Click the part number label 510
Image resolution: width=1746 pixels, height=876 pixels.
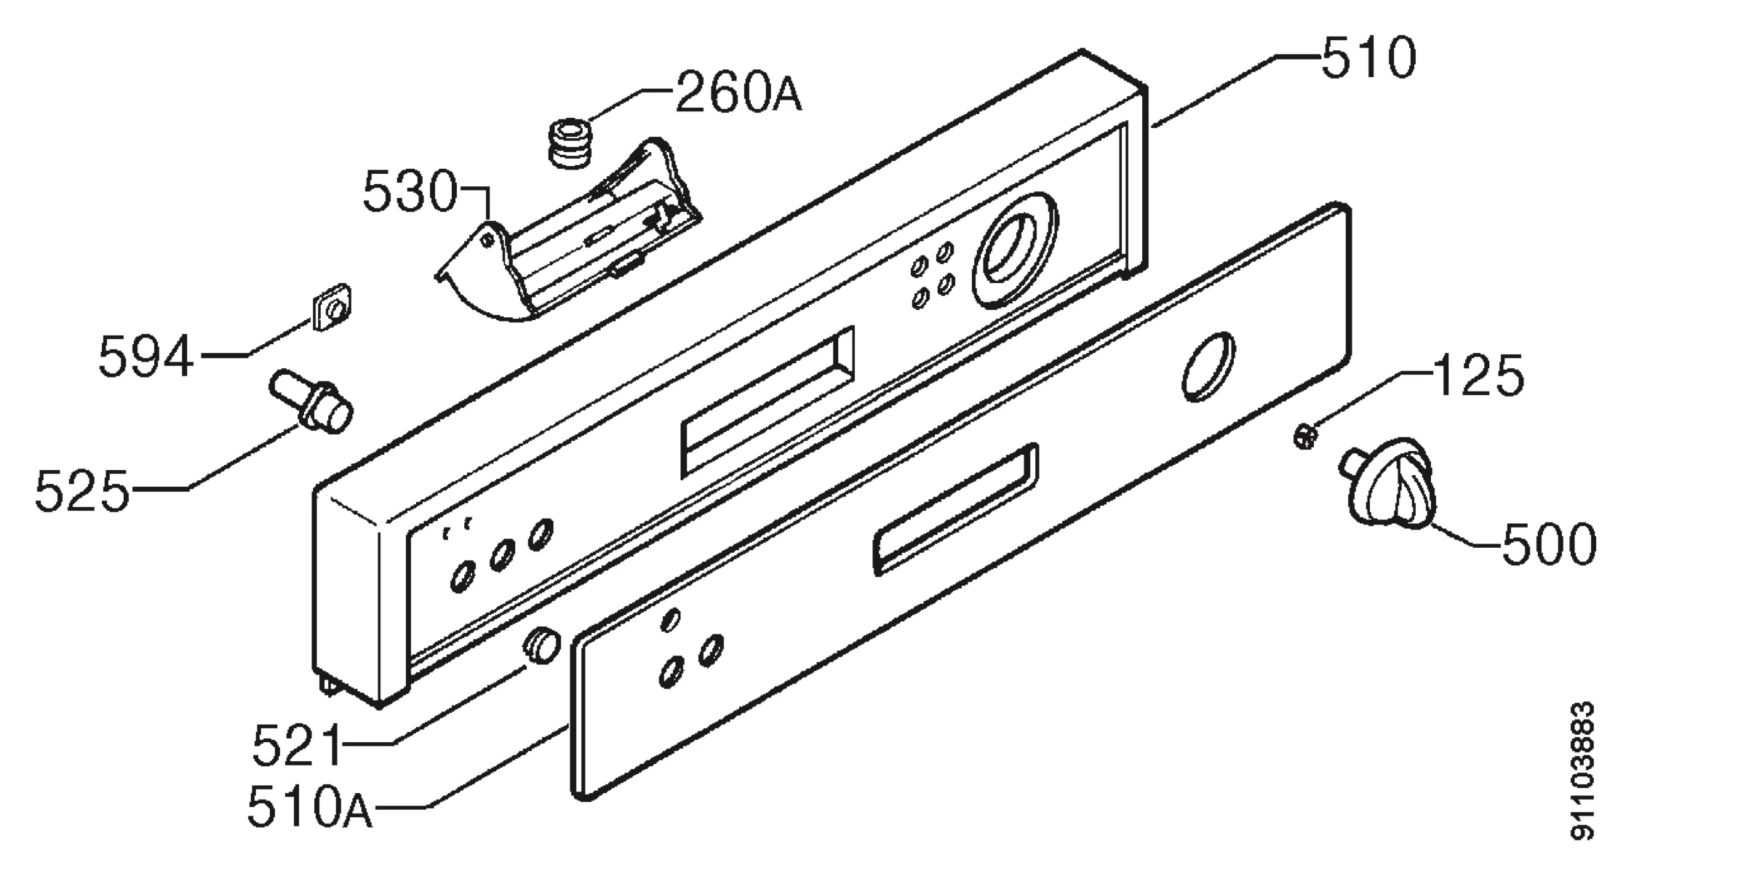(1368, 57)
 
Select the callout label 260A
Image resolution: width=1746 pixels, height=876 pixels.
(738, 92)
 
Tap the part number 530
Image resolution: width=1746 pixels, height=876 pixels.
(410, 191)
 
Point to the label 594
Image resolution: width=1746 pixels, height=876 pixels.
(146, 356)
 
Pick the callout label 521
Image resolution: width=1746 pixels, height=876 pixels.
(298, 744)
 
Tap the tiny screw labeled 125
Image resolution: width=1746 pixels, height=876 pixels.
(1307, 438)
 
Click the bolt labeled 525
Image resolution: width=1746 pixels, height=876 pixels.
(312, 402)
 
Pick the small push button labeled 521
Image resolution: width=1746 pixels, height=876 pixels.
(542, 645)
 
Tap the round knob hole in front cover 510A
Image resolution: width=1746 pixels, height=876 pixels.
(1208, 367)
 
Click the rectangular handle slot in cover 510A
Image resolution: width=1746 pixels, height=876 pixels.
(956, 509)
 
